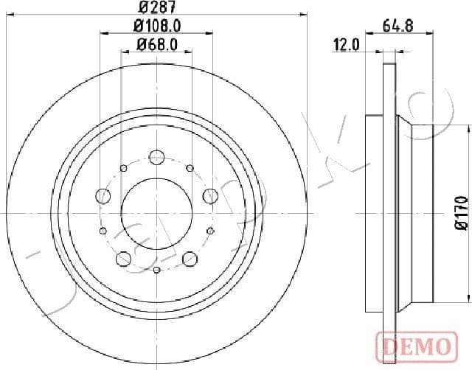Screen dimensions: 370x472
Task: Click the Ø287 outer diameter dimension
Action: point(156,9)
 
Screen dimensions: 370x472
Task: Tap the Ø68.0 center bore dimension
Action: point(156,45)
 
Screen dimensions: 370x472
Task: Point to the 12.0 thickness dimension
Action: point(346,45)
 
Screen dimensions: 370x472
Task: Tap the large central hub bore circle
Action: point(156,213)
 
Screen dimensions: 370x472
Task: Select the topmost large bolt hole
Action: point(156,156)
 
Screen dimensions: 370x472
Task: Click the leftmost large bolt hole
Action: point(103,195)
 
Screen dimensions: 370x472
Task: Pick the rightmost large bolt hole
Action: point(210,195)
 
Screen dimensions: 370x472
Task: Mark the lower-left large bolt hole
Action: point(123,258)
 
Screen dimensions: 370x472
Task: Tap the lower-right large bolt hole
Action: point(190,258)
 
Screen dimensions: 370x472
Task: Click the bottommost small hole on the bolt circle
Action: point(156,270)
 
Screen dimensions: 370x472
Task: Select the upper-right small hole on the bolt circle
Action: point(190,168)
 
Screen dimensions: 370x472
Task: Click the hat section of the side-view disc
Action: point(420,213)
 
